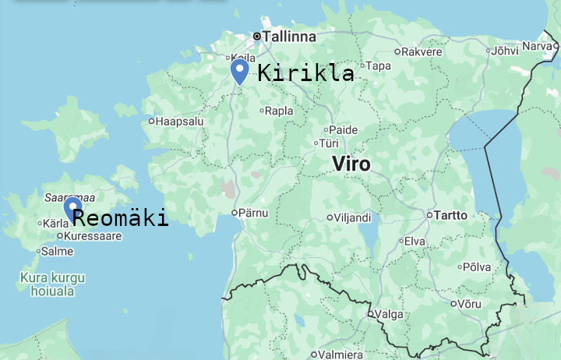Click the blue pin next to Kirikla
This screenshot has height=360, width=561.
[240, 72]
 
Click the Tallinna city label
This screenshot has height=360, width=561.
[289, 37]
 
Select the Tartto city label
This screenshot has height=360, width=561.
[450, 215]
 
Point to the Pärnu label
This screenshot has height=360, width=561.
[254, 213]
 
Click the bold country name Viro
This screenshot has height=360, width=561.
[351, 164]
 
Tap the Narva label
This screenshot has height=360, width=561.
[536, 46]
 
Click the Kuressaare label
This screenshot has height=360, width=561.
[93, 235]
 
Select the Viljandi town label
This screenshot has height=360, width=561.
[352, 218]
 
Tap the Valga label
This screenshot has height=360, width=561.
[389, 315]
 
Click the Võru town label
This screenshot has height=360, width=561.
[469, 304]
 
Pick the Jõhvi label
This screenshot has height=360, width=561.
[506, 51]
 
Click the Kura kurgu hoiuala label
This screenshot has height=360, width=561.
[53, 284]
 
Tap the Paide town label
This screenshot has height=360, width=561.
[344, 129]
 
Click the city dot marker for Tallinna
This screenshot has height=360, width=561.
[256, 36]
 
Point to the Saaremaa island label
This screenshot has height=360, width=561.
[70, 198]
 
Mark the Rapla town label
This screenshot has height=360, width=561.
[279, 111]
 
